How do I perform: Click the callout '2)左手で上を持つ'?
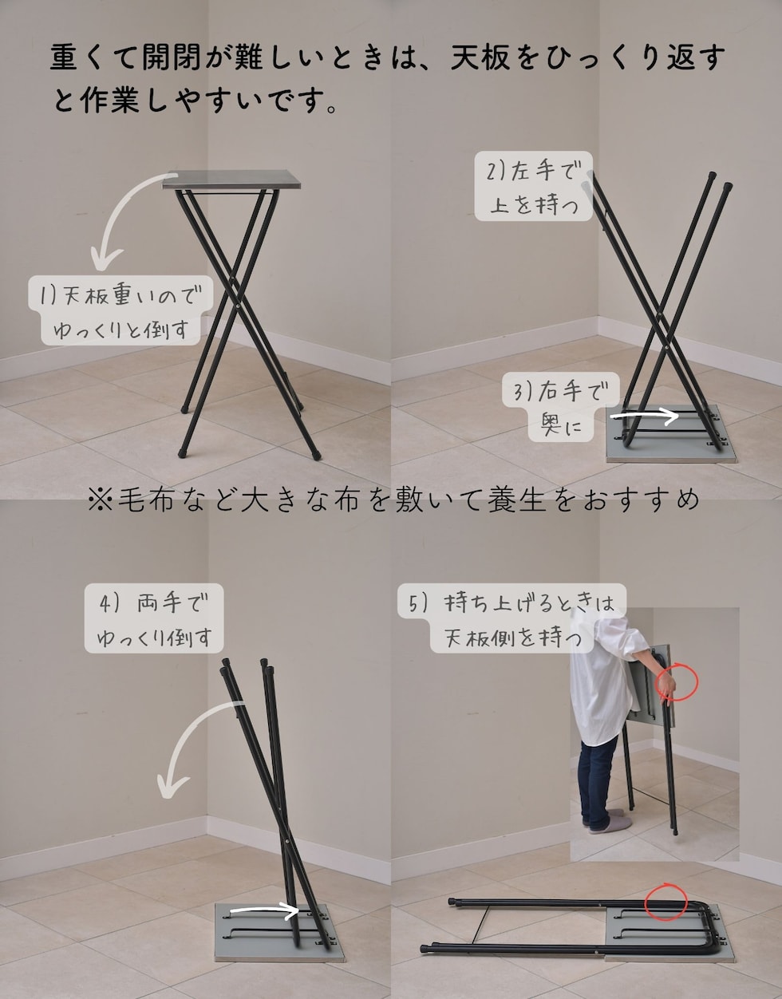(x=533, y=186)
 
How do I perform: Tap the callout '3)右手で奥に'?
(x=561, y=407)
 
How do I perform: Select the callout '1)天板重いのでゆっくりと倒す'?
(x=120, y=310)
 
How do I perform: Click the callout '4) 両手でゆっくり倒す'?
(x=153, y=618)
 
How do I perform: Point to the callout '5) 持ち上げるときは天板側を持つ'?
(x=511, y=618)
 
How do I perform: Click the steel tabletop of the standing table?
(x=231, y=180)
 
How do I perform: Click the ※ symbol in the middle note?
(x=101, y=500)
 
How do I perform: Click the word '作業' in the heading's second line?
(x=110, y=100)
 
